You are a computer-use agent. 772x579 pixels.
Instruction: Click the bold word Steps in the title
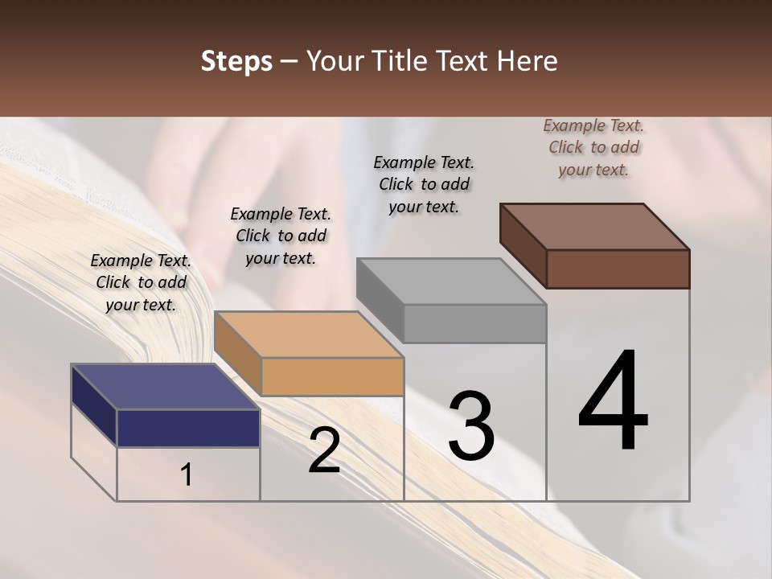[x=236, y=61]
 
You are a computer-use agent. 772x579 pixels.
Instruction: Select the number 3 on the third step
[x=471, y=425]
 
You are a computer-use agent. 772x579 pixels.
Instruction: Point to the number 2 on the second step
[x=324, y=450]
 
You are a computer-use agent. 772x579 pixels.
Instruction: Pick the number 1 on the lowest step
[x=187, y=475]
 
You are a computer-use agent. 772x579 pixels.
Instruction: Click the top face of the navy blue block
[x=165, y=387]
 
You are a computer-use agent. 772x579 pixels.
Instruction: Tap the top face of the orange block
[x=308, y=335]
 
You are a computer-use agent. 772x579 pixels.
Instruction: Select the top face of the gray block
[x=451, y=281]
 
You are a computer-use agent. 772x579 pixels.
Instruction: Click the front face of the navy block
[x=188, y=428]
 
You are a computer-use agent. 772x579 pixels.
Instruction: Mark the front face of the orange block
[x=332, y=376]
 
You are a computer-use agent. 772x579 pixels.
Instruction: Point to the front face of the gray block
[x=475, y=323]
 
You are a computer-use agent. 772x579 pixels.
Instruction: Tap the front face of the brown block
[x=618, y=269]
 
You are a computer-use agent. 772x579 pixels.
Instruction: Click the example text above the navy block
[x=141, y=282]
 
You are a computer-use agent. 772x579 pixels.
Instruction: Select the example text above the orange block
[x=281, y=236]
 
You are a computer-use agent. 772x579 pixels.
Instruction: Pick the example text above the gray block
[x=424, y=184]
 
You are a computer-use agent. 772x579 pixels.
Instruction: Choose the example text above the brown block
[x=593, y=147]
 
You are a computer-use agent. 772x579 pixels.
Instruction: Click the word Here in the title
[x=528, y=61]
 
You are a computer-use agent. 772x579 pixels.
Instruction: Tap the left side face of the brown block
[x=524, y=245]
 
